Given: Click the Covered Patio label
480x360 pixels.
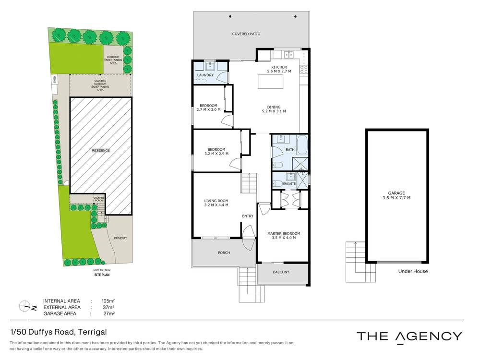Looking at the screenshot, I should pyautogui.click(x=246, y=34).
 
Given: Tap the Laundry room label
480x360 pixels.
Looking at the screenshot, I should pyautogui.click(x=205, y=75).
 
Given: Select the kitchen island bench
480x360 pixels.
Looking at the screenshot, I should pyautogui.click(x=270, y=83).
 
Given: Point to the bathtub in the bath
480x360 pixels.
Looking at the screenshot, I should pyautogui.click(x=302, y=144).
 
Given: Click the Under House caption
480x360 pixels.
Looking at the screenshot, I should pyautogui.click(x=412, y=271).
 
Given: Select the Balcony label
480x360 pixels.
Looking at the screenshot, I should pyautogui.click(x=281, y=272).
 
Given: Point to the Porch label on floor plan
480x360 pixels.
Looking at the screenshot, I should pyautogui.click(x=224, y=252).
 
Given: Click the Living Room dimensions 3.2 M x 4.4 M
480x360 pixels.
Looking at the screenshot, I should pyautogui.click(x=216, y=205).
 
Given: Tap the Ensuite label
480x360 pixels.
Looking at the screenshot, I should pyautogui.click(x=289, y=184).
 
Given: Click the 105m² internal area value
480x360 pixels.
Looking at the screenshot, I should pyautogui.click(x=107, y=301).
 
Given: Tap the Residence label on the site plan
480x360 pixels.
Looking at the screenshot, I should pyautogui.click(x=101, y=151).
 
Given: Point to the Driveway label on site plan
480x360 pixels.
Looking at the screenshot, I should pyautogui.click(x=120, y=238).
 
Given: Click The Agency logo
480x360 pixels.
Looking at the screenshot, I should pyautogui.click(x=409, y=336).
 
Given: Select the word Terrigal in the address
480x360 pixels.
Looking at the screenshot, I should pyautogui.click(x=91, y=332).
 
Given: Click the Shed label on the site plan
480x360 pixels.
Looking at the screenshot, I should pyautogui.click(x=54, y=80).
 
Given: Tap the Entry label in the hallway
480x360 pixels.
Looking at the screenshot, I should pyautogui.click(x=248, y=216).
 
